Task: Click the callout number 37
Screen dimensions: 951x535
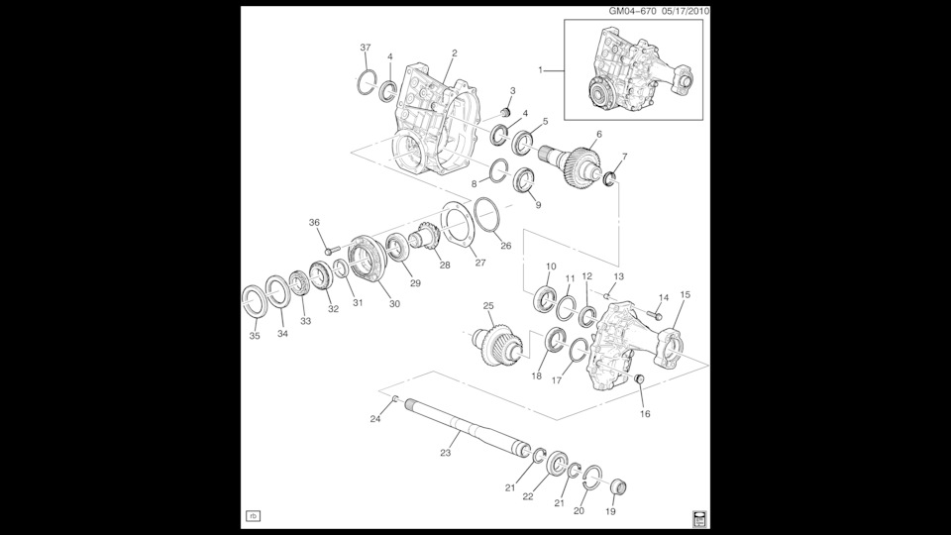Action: coord(366,48)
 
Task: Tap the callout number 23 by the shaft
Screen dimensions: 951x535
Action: coord(445,453)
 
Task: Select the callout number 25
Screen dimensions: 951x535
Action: coord(487,305)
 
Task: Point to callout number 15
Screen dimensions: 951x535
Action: coord(685,294)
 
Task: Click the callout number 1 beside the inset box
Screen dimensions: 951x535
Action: coord(541,70)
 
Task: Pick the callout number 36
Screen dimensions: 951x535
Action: coord(314,222)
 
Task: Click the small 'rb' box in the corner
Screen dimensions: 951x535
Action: coord(253,515)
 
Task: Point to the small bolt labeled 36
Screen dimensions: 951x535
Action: coord(332,242)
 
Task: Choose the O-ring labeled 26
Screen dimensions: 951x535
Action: coord(485,214)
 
